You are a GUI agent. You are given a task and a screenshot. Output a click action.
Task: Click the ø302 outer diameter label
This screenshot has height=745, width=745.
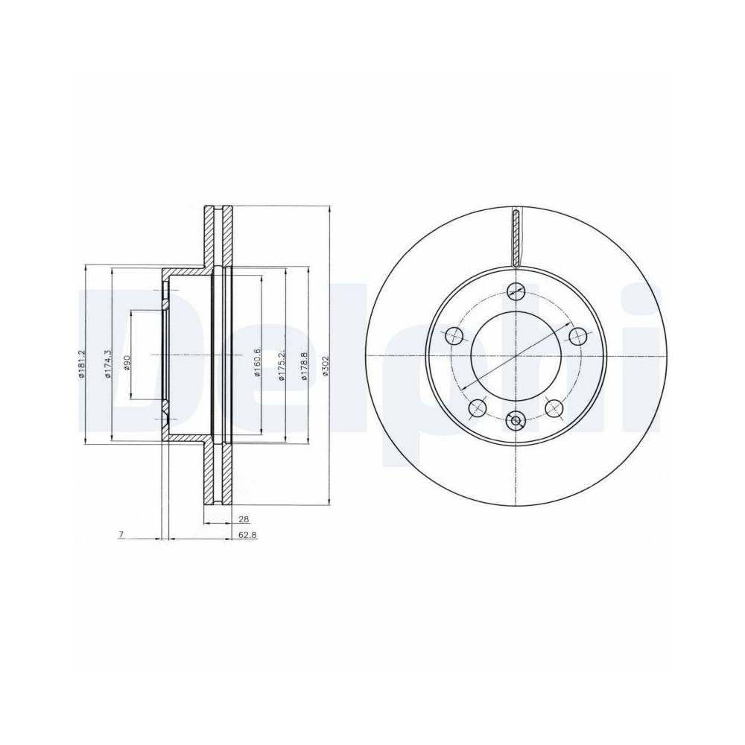[x=326, y=367]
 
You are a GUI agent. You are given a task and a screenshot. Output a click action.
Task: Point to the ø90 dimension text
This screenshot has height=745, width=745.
[x=127, y=363]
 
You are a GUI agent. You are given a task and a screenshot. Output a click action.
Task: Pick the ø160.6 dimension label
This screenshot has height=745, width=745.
[x=258, y=363]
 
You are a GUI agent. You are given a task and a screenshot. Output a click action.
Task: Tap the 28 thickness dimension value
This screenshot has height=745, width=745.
[x=244, y=519]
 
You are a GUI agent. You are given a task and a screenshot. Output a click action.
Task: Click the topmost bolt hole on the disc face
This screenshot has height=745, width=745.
[x=515, y=292]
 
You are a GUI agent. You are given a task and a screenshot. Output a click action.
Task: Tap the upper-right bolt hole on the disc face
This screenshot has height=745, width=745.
[x=575, y=337]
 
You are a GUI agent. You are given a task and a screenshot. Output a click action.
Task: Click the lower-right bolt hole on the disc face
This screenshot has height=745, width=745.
[x=554, y=408]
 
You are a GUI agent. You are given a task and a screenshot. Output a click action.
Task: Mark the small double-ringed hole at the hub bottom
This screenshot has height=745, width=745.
[x=515, y=422]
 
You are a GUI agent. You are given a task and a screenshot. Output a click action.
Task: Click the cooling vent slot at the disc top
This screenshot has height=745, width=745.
[x=516, y=238]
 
